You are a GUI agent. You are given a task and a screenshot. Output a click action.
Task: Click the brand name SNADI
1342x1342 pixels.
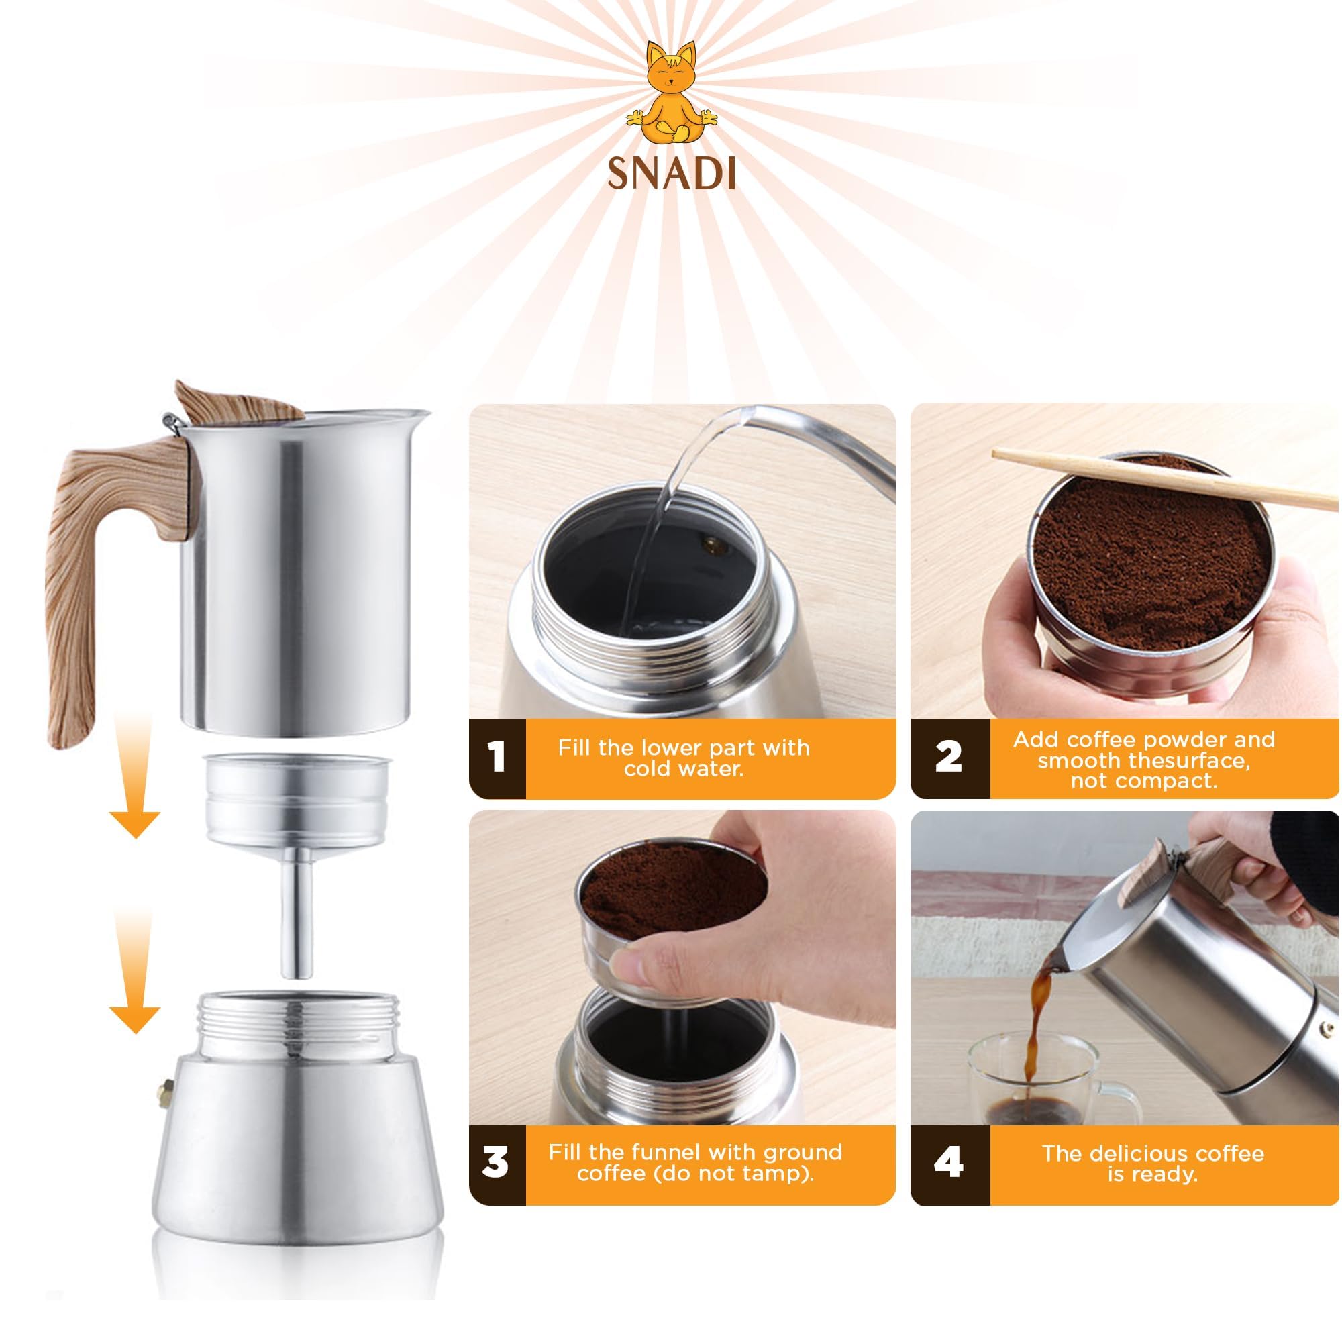[x=671, y=174]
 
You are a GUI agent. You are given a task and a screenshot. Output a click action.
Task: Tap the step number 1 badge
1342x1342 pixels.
[x=496, y=758]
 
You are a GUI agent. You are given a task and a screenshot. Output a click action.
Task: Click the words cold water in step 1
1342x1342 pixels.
[x=684, y=769]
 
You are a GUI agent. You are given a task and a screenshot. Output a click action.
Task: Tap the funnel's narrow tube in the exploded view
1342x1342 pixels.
[x=296, y=917]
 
